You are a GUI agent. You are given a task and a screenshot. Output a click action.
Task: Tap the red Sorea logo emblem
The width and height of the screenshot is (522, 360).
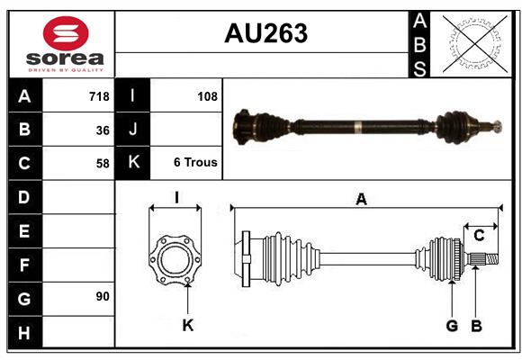pos(66,35)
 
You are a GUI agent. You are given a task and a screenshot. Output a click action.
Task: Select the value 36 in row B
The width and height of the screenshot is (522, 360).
pos(103,130)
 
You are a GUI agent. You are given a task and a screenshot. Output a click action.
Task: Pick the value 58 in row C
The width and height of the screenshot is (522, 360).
pos(103,164)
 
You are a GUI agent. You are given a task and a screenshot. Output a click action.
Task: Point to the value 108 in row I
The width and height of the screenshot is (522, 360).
pos(207,96)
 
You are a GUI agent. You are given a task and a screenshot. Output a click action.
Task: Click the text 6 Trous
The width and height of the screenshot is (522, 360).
pos(195,164)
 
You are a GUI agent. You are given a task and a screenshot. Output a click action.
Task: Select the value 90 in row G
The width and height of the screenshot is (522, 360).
pos(103,296)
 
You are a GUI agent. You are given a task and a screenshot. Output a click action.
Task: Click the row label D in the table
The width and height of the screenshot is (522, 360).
pos(23,197)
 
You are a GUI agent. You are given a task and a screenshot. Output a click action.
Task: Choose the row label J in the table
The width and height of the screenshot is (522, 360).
pos(132,130)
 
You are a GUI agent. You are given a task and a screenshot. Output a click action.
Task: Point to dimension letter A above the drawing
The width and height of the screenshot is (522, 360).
pos(361,200)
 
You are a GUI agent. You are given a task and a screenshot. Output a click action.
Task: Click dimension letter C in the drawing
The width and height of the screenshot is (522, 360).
pos(479,236)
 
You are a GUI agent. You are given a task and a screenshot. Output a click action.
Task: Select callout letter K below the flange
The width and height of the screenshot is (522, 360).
pos(187,326)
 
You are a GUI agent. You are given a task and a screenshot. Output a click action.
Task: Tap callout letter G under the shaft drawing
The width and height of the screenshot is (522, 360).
pos(452,326)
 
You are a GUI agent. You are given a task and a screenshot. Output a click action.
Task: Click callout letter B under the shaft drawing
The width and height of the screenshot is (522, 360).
pos(476,326)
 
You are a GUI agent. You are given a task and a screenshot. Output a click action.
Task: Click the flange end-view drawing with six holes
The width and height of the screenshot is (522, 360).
pos(175,261)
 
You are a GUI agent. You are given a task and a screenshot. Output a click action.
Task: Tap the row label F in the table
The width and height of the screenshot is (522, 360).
pos(23,265)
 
